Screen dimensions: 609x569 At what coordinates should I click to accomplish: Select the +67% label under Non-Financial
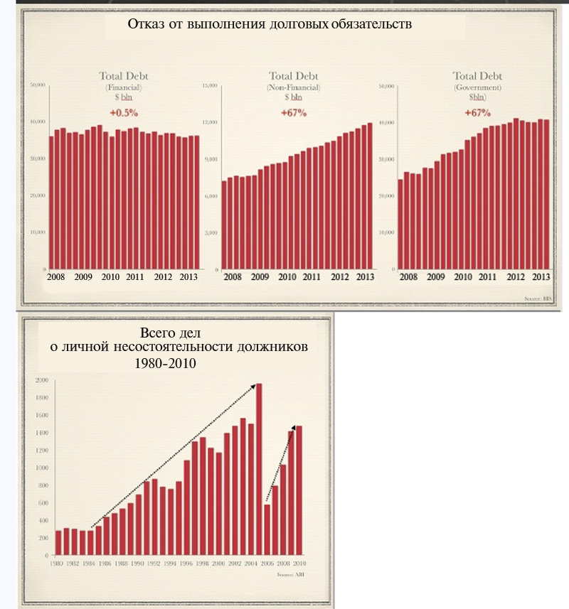[294, 112]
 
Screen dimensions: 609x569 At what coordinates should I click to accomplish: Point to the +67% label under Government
[477, 112]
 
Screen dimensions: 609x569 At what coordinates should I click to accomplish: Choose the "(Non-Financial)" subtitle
[293, 87]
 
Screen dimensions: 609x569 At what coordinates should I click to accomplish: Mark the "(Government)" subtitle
[477, 87]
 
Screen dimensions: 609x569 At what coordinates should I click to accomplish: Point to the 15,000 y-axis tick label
[210, 85]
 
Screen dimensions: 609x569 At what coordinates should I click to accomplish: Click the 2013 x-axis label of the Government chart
[541, 276]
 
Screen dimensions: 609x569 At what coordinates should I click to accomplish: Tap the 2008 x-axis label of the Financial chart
[58, 277]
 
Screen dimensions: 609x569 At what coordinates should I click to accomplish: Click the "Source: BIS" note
[538, 298]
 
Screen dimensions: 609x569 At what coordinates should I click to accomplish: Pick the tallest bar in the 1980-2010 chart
[259, 469]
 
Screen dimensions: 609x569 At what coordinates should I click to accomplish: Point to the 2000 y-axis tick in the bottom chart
[41, 380]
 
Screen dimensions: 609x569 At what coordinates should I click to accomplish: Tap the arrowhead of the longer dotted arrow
[255, 385]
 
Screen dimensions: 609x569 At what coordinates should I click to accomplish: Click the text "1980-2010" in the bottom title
[165, 363]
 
